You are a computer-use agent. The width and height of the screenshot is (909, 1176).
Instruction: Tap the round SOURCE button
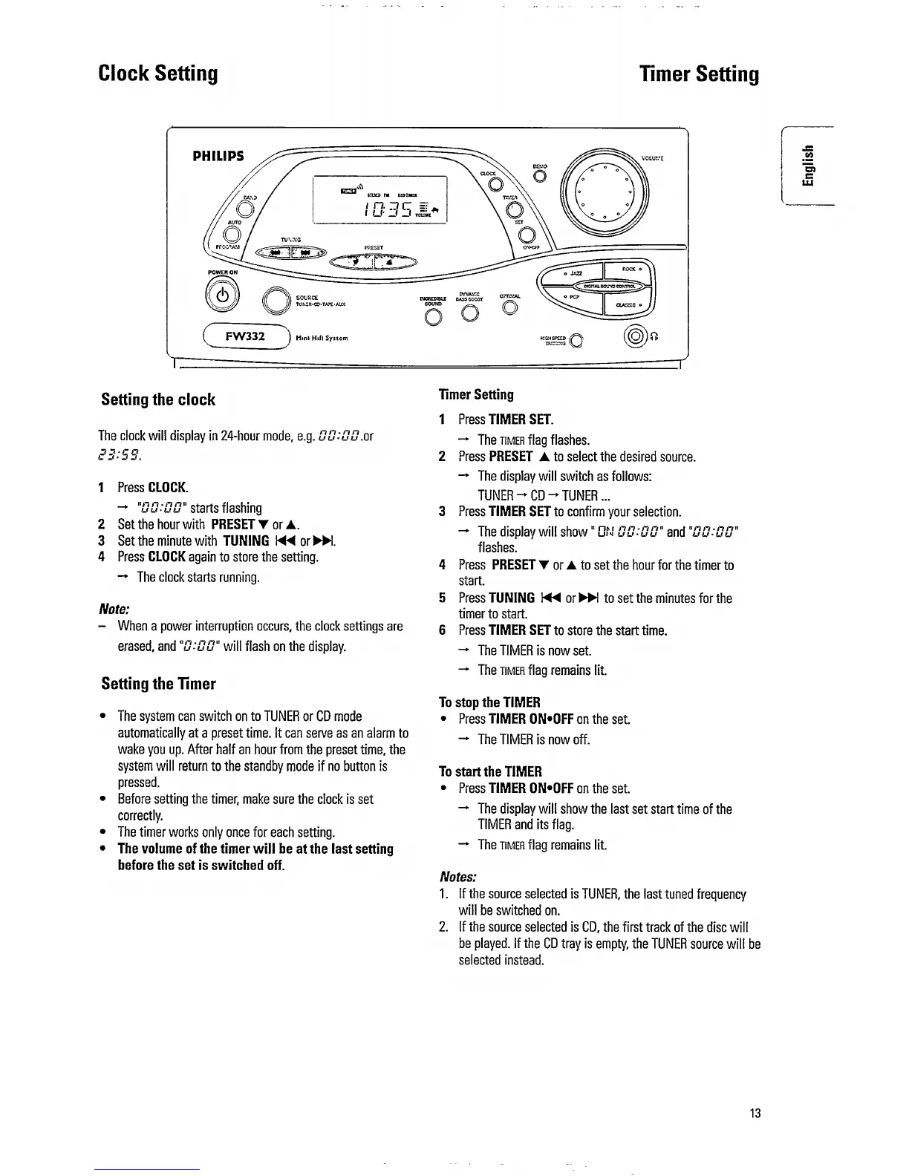click(278, 301)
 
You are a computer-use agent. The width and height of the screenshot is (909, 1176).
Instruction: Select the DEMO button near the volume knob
click(540, 175)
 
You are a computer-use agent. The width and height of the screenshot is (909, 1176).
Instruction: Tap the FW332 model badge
click(245, 336)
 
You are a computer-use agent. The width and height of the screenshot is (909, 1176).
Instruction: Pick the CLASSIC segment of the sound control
click(628, 304)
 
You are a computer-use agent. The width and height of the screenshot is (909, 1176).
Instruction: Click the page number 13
click(755, 1113)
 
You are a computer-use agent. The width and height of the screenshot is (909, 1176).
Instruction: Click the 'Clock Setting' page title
click(158, 73)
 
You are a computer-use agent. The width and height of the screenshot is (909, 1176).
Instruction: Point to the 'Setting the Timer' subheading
click(158, 684)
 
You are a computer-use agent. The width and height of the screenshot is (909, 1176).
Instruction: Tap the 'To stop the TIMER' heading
click(489, 702)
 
